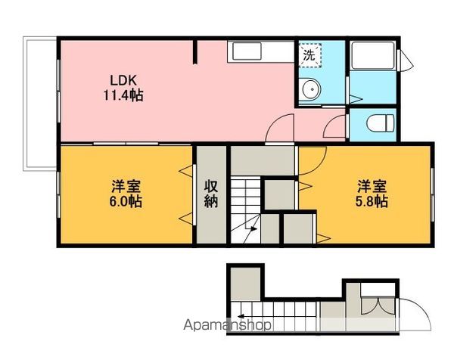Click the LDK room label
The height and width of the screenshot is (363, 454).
coord(123,80)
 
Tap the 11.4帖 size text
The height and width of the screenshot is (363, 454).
coord(123,95)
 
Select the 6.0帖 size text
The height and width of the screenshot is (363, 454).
coord(126,201)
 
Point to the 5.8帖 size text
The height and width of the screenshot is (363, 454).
coord(372,201)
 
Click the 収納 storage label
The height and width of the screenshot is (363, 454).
coord(211,194)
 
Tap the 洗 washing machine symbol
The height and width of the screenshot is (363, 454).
coord(309,55)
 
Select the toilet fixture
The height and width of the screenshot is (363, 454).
coord(380,123)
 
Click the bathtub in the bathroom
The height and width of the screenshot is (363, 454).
coord(373,55)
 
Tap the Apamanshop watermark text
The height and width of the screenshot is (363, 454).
coord(228,325)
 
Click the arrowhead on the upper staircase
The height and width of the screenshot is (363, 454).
coord(253,229)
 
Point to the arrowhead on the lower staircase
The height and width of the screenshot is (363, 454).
coord(241,316)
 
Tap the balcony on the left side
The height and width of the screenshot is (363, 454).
coord(40,104)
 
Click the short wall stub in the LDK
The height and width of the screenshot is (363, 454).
coord(195,52)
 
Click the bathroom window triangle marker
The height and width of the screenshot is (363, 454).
coord(407,60)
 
